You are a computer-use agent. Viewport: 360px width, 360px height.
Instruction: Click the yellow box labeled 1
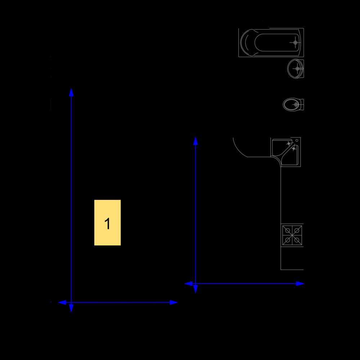107,222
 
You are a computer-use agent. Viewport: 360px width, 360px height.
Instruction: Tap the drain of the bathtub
295,42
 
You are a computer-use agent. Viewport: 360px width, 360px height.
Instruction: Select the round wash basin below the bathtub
296,68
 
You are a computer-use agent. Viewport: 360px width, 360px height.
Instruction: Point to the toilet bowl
293,104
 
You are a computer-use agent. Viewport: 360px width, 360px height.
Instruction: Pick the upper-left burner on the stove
287,230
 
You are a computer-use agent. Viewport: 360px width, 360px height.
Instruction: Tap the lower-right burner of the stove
297,240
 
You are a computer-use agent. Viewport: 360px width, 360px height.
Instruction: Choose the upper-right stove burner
297,230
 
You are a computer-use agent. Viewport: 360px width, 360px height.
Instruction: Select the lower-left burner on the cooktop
287,240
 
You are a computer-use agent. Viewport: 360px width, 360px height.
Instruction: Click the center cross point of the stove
292,235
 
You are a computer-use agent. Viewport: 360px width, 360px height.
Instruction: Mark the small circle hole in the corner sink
297,140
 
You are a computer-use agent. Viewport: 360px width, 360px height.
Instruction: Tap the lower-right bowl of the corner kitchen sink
291,156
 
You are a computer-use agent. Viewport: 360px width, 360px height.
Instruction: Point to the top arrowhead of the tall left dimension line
71,92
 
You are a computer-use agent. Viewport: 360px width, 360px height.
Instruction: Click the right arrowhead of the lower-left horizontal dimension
174,302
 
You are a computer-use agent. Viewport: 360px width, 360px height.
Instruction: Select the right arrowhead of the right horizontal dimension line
300,284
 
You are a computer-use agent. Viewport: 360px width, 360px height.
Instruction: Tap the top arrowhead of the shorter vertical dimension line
195,141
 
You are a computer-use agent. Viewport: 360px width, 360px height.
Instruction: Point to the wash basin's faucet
298,69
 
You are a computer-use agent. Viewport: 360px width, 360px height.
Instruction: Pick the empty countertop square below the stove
292,258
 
